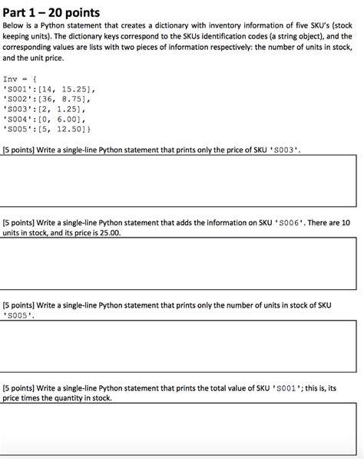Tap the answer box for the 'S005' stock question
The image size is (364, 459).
point(181,341)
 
